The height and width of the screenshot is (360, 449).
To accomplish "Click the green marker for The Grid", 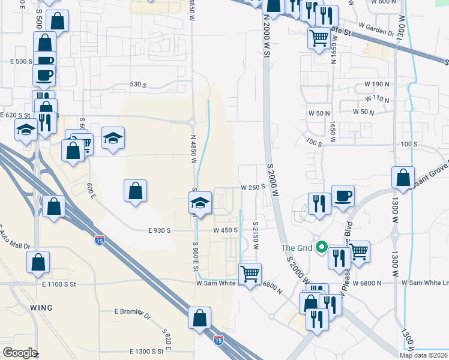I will (x=322, y=247).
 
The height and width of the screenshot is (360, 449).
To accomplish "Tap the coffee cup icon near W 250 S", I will (x=343, y=196).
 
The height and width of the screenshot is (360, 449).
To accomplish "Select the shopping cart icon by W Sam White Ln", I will (x=250, y=274).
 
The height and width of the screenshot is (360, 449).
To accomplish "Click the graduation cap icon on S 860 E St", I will (x=200, y=203).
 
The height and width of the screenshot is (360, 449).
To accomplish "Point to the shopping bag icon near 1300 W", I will (x=403, y=178).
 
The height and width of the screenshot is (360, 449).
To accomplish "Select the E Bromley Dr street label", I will (x=131, y=311).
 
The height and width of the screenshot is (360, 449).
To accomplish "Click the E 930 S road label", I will (x=159, y=230).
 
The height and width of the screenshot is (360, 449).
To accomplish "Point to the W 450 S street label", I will (x=226, y=230).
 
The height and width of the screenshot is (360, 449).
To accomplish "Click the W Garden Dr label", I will (x=376, y=26).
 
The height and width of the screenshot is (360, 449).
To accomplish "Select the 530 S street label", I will (x=139, y=85).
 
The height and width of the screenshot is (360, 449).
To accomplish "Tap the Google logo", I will (x=20, y=353).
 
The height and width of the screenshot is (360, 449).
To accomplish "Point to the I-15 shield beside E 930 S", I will (x=99, y=241).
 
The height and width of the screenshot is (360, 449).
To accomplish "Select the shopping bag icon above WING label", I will (x=38, y=262).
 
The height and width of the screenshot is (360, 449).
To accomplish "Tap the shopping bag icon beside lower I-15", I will (x=199, y=318).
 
